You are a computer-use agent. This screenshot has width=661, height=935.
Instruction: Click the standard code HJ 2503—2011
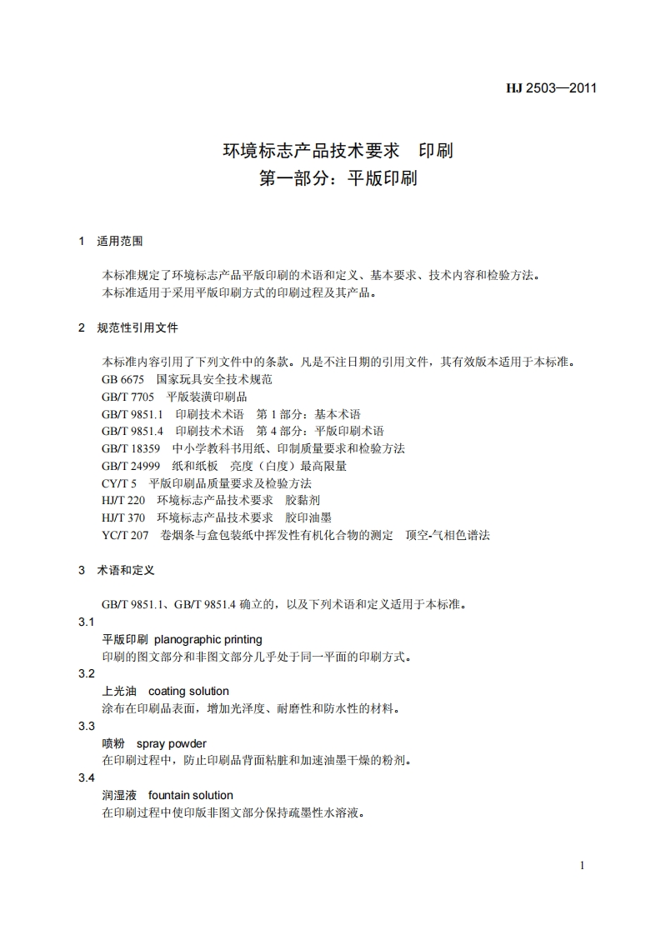[552, 88]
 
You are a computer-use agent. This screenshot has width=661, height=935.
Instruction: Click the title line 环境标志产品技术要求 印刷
[337, 151]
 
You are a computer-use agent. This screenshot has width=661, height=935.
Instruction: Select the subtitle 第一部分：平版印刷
[338, 178]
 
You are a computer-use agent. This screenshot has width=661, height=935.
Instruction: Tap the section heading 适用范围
[120, 242]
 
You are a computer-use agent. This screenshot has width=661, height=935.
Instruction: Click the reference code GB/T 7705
[128, 397]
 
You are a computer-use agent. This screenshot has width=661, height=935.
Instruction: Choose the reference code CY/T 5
[119, 483]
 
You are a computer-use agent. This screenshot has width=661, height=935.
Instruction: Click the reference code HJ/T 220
[123, 500]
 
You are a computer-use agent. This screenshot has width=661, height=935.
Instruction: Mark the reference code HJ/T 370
[123, 517]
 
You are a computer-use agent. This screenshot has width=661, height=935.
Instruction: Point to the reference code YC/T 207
[125, 535]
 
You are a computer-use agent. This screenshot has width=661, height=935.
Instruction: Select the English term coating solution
[188, 691]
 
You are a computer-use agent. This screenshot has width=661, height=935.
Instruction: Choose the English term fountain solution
[191, 795]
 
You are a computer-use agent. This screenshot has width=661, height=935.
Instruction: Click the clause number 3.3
[87, 726]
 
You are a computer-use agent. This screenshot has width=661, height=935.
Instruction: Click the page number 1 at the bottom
[582, 865]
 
